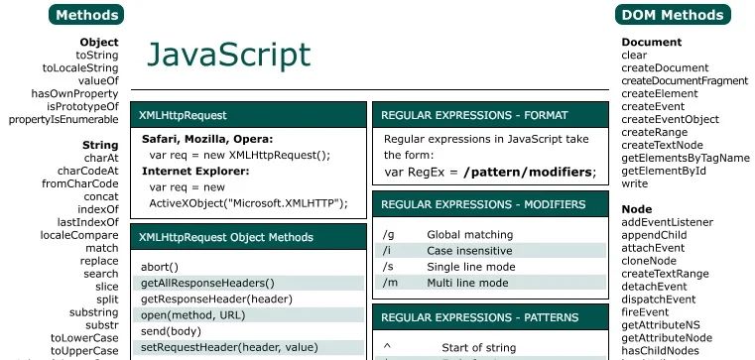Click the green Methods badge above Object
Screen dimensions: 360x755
click(86, 15)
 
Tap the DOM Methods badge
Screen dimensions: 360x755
click(672, 15)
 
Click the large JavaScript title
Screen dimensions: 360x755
click(228, 55)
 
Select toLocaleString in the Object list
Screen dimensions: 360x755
click(80, 68)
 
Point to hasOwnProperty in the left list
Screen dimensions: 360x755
click(74, 94)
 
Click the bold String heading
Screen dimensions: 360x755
click(100, 145)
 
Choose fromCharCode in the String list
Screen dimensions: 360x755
click(80, 183)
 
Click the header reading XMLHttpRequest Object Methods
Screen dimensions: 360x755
click(226, 237)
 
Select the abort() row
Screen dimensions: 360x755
click(160, 267)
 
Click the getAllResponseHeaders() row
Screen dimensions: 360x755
click(207, 283)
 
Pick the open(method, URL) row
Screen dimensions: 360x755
click(192, 314)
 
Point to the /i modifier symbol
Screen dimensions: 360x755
click(388, 251)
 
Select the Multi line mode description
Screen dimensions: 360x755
click(467, 283)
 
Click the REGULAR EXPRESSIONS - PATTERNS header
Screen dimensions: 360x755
click(480, 317)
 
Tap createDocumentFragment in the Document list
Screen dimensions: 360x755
click(685, 81)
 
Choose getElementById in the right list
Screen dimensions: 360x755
click(664, 171)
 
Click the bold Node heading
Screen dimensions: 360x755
click(636, 209)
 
